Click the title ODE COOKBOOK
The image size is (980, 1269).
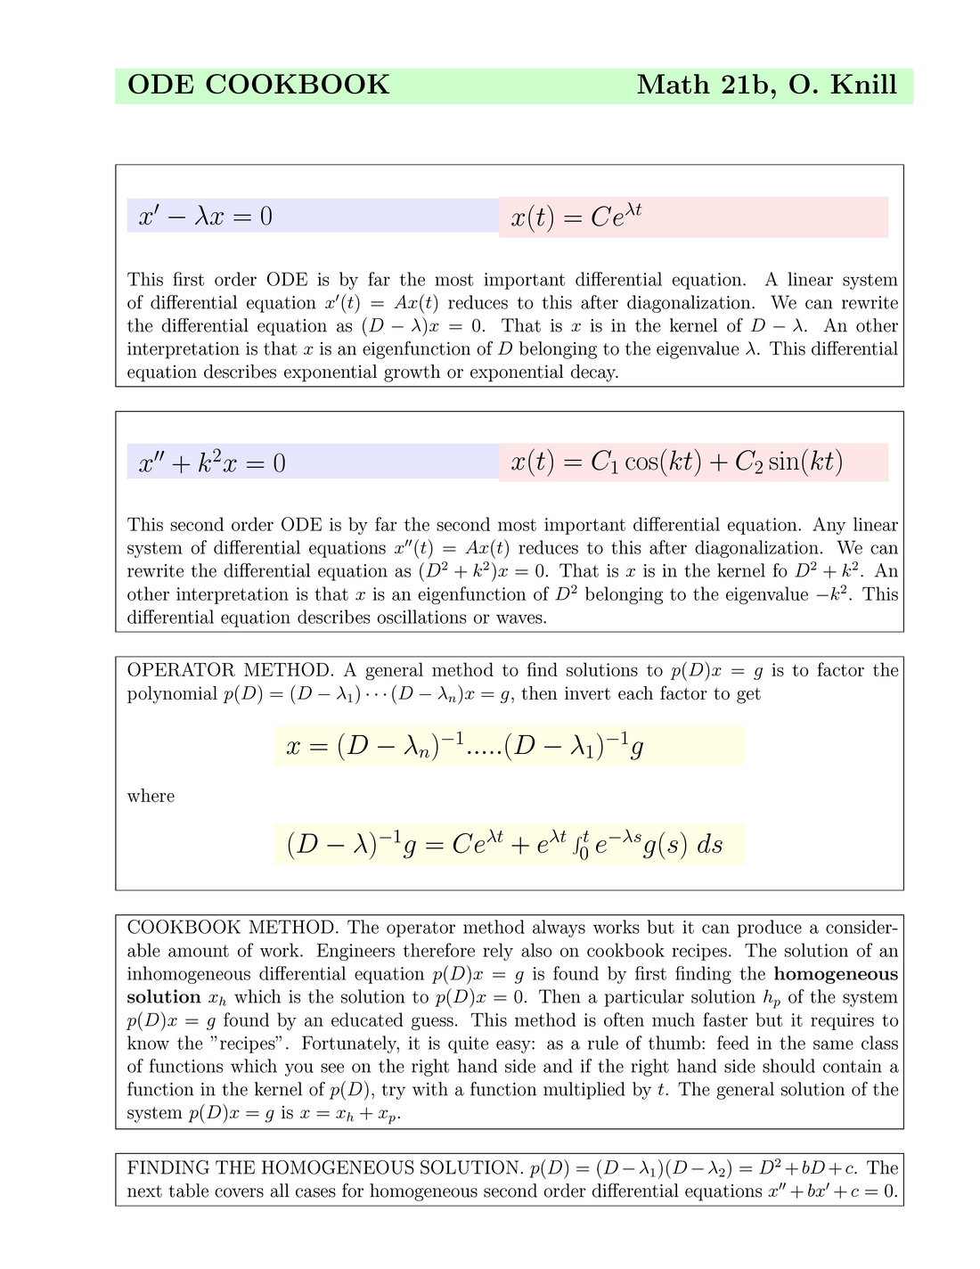coord(258,86)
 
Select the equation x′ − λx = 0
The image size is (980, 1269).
coord(206,217)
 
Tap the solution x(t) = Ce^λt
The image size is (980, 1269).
coord(576,217)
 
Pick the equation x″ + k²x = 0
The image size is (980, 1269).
coord(212,463)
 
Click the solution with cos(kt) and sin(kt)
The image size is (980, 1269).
coord(677,462)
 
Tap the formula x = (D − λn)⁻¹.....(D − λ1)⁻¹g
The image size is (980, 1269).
coord(465,746)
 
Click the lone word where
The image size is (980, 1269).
coord(151,796)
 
